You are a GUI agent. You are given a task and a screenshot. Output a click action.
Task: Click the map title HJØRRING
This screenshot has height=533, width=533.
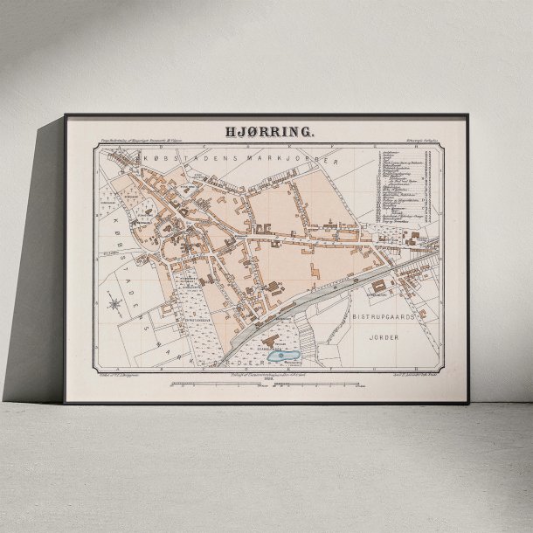[x=266, y=133]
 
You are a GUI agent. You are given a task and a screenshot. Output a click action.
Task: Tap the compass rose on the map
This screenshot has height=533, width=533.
[x=114, y=303]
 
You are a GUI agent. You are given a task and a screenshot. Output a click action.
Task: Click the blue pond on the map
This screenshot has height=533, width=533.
[x=284, y=356]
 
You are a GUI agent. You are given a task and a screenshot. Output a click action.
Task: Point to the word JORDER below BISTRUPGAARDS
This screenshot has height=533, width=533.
[x=384, y=335]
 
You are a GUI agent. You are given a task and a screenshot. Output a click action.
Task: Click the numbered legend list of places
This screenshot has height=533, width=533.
[x=401, y=189]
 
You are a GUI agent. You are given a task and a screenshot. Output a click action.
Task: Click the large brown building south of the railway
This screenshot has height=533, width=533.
[x=377, y=286]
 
